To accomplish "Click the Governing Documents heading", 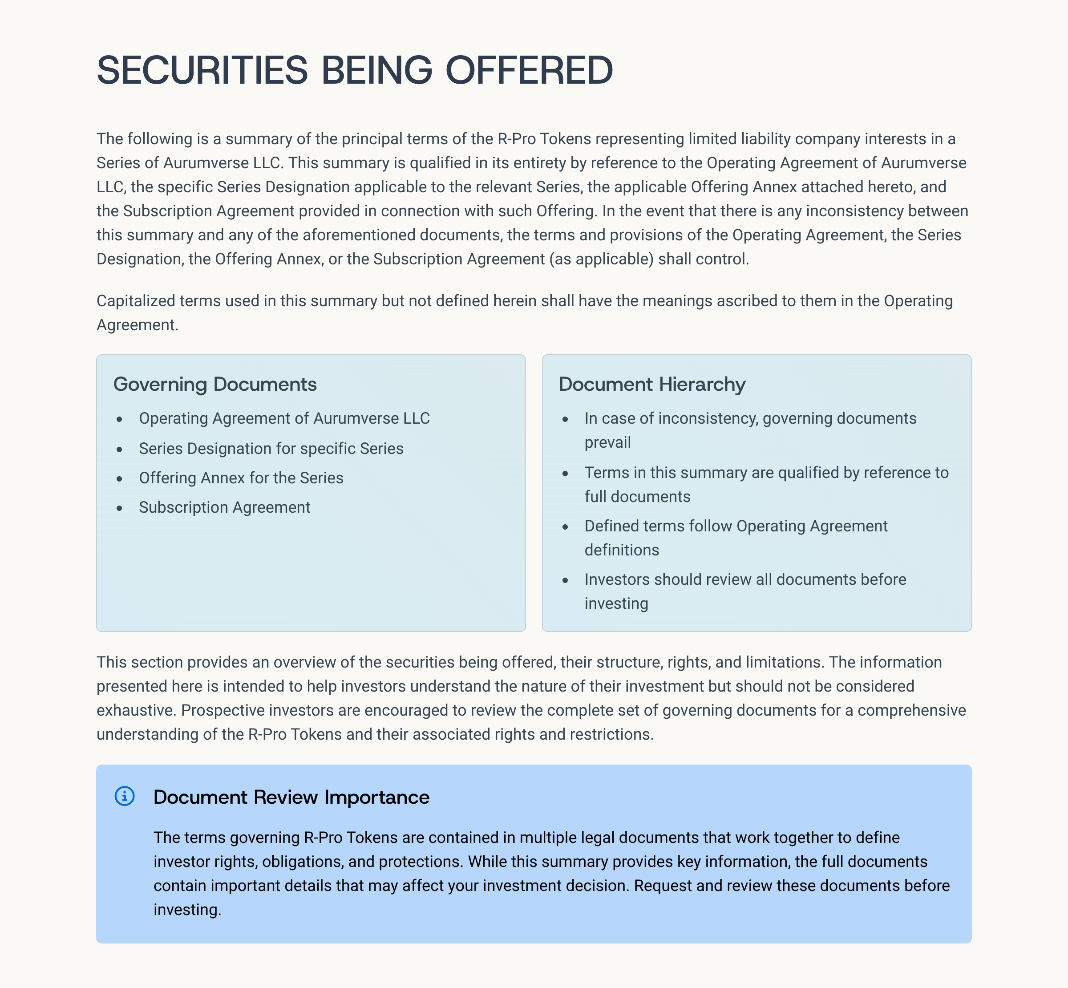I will [215, 385].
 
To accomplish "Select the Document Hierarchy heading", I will [651, 385].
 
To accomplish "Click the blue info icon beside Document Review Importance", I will [125, 796].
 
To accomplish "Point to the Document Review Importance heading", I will [291, 797].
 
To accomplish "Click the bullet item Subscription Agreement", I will [225, 507].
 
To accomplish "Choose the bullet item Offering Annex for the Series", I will [241, 478].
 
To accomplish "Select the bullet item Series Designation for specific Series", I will [271, 449].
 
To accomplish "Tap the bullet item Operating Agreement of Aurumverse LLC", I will [284, 418].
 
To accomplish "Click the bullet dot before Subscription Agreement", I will [120, 508].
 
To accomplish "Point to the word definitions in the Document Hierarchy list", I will [622, 550].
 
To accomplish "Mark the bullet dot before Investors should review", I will [565, 580].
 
